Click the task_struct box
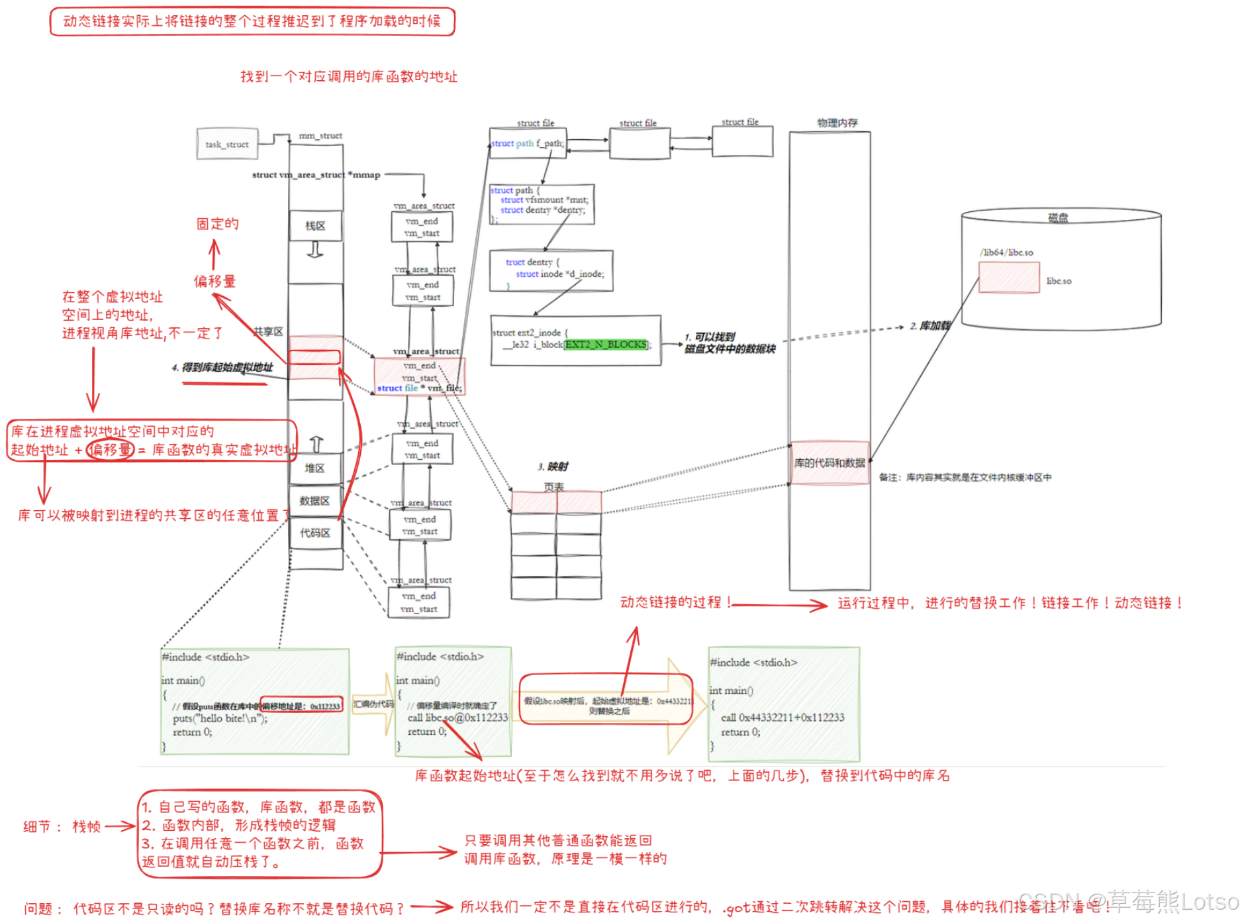(226, 144)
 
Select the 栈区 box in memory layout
(315, 226)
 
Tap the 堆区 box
(314, 468)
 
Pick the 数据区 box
(314, 501)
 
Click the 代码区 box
(315, 533)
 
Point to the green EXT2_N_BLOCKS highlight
(606, 345)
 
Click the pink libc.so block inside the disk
(1008, 278)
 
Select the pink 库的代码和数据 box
(830, 462)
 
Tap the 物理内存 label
(837, 123)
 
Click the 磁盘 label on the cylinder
(1057, 217)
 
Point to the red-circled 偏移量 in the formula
(111, 450)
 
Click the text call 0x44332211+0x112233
(783, 718)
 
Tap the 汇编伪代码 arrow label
(373, 704)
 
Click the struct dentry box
(551, 270)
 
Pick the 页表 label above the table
(553, 486)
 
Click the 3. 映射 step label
(553, 466)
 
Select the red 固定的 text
(217, 224)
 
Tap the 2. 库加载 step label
(930, 325)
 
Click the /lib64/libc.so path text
(1006, 252)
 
